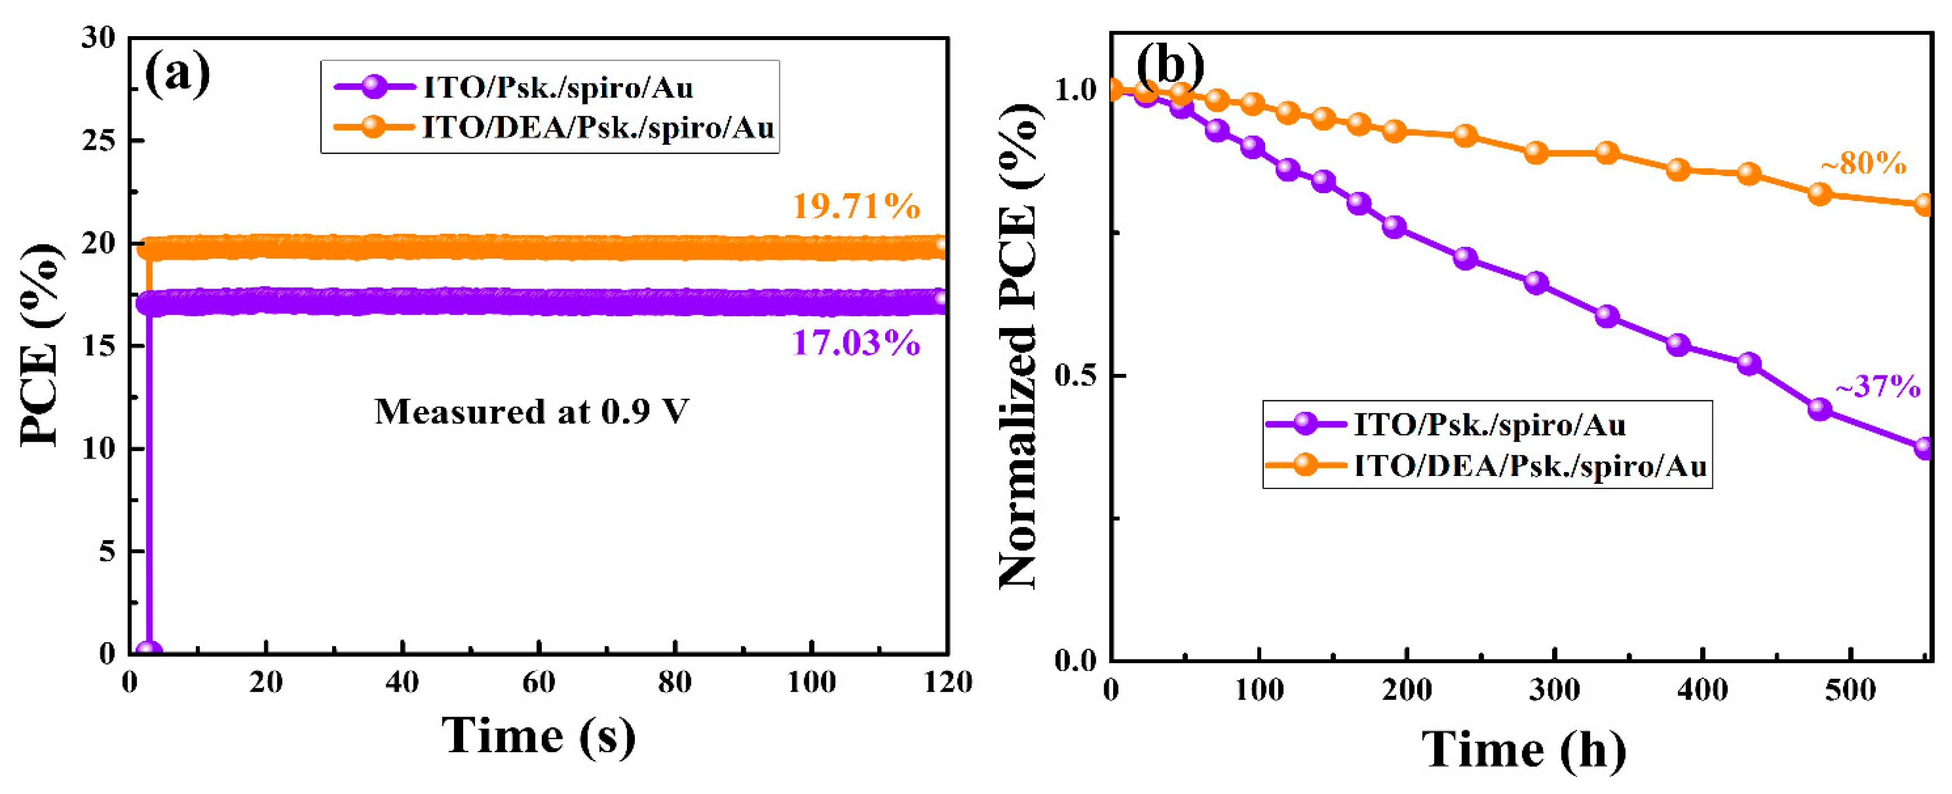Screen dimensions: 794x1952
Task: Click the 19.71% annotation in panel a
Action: click(x=856, y=206)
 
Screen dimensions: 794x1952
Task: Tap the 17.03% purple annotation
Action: click(x=856, y=343)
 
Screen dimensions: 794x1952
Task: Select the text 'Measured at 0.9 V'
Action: click(x=532, y=412)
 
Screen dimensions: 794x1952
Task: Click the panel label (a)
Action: click(x=177, y=73)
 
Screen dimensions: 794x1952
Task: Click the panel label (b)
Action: click(x=1169, y=65)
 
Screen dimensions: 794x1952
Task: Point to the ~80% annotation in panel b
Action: click(x=1863, y=163)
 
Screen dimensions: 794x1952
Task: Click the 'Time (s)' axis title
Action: click(x=539, y=735)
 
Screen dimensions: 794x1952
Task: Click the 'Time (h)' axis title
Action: click(x=1523, y=750)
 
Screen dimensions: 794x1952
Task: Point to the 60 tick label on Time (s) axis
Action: click(x=538, y=683)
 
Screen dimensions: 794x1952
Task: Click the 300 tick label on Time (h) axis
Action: click(x=1555, y=690)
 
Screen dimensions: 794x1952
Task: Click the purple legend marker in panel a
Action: click(x=374, y=86)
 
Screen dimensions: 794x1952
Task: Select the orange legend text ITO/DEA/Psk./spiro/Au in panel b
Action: click(x=1530, y=465)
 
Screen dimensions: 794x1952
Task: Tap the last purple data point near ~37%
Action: click(x=1924, y=448)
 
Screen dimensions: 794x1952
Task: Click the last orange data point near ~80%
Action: click(x=1924, y=204)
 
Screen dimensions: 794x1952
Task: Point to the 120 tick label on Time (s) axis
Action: click(x=947, y=683)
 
